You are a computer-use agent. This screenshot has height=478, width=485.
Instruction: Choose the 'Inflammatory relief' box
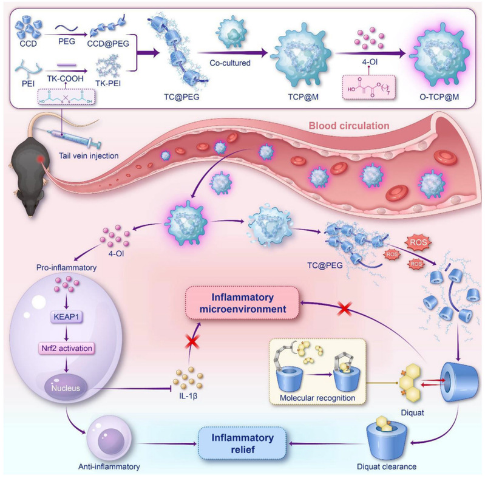click(252, 436)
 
